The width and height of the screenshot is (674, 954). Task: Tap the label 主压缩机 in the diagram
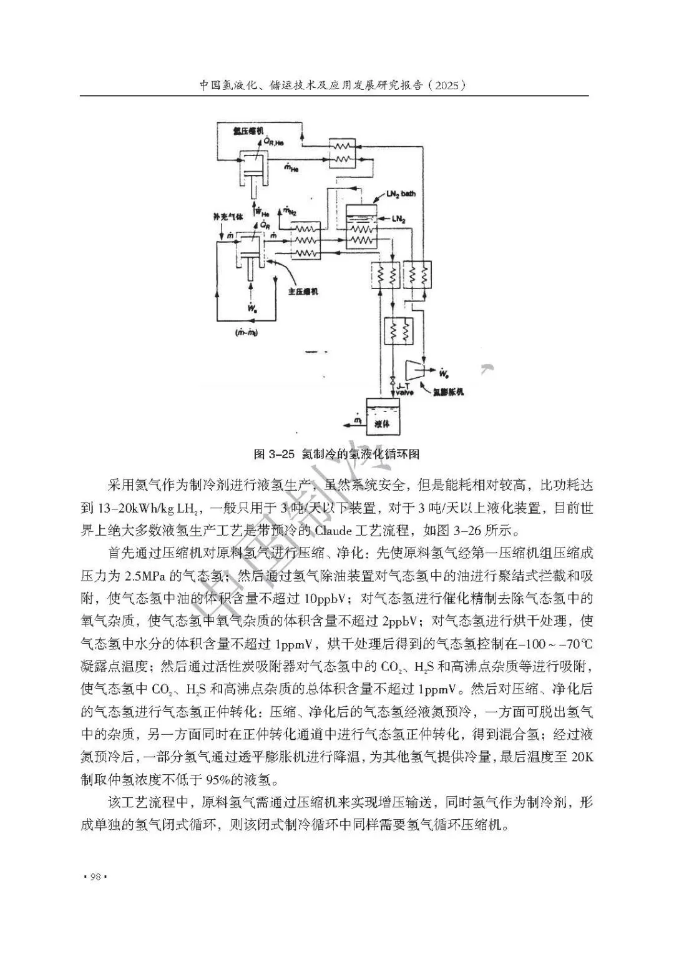pyautogui.click(x=302, y=291)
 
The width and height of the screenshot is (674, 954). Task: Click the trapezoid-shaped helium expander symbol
pyautogui.click(x=414, y=370)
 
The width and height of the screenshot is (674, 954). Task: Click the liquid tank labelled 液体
pyautogui.click(x=383, y=416)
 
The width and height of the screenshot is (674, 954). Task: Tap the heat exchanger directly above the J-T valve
pyautogui.click(x=398, y=331)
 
